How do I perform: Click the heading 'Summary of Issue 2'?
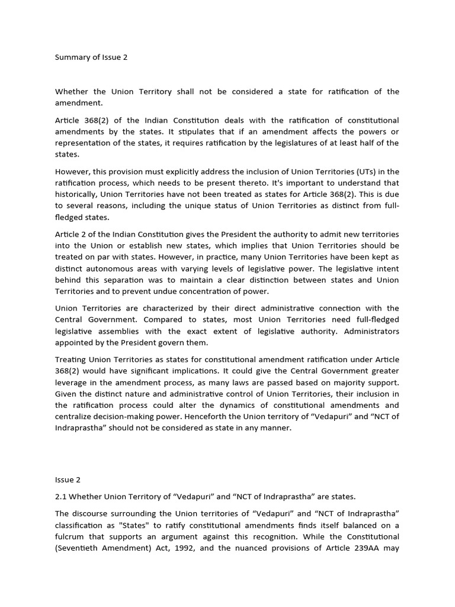[x=91, y=57]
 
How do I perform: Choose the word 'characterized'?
[x=158, y=308]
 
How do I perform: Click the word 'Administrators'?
[x=371, y=331]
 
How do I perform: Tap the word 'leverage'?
[x=72, y=383]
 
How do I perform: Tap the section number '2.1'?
[x=61, y=496]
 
